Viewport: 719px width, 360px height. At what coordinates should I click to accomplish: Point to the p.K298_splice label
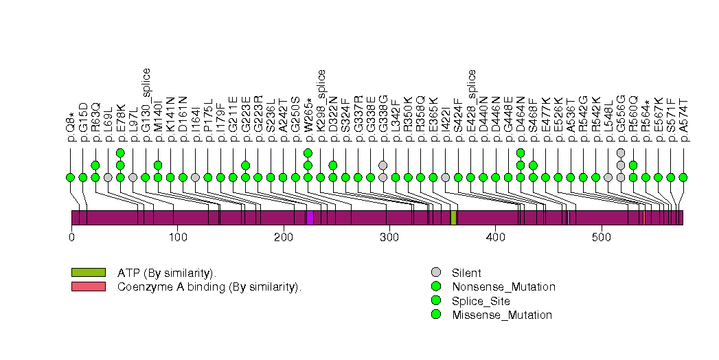tap(321, 105)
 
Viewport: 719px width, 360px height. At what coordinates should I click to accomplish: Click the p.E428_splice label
tap(471, 105)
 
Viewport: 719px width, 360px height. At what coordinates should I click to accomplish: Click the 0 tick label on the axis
tap(71, 237)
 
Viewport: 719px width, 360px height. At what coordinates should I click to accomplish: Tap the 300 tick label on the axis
tap(389, 237)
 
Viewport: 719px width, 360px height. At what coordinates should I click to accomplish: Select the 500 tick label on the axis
tap(602, 237)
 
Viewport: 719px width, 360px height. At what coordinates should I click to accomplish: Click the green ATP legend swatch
tap(88, 273)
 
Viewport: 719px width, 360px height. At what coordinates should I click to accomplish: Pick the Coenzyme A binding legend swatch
tap(88, 286)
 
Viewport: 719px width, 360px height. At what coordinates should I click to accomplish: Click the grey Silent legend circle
tap(435, 273)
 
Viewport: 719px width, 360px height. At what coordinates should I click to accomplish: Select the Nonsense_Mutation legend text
tap(503, 286)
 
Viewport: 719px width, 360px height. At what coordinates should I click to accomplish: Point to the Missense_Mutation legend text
tap(502, 315)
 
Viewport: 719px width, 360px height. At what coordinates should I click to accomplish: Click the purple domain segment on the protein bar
tap(310, 218)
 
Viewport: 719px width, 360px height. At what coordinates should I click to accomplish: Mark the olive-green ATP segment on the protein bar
tap(453, 218)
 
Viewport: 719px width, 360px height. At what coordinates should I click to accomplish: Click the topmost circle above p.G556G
tap(621, 153)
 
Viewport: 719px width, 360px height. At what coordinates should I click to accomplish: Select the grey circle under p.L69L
tap(108, 177)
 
